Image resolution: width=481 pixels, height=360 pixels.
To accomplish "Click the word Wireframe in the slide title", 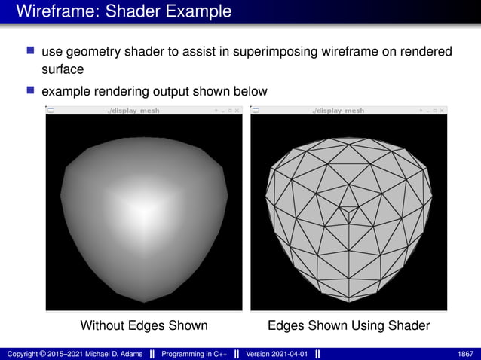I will (x=52, y=11).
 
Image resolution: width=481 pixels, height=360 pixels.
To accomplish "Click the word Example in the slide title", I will (x=197, y=11).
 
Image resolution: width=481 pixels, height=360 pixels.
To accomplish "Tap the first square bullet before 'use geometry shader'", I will (x=31, y=50).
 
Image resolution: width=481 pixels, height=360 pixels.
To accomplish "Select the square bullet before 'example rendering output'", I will (x=31, y=90).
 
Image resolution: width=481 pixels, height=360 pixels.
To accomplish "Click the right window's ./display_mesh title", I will (x=338, y=111).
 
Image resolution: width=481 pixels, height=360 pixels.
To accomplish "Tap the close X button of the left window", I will (x=237, y=111).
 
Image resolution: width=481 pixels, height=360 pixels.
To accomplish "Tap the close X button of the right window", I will (x=442, y=111).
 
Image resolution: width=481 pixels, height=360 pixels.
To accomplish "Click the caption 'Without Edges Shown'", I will (x=144, y=325).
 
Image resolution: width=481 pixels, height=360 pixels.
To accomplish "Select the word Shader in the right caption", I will (x=409, y=325).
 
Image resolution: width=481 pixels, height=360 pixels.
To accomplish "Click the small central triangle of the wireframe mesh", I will (x=348, y=212).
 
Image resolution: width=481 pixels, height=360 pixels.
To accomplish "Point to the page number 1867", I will (x=465, y=352).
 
